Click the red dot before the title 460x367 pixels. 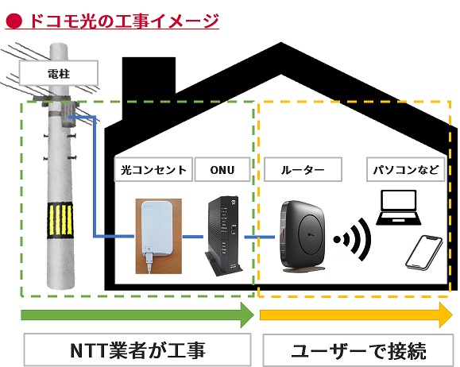click(x=14, y=21)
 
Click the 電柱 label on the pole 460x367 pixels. click(x=58, y=73)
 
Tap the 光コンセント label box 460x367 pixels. click(x=153, y=169)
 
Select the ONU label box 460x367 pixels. click(x=222, y=169)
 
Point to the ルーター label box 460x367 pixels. click(x=303, y=169)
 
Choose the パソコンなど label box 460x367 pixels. click(x=406, y=169)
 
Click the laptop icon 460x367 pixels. click(x=399, y=207)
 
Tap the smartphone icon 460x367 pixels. click(x=424, y=253)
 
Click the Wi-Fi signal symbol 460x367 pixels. click(x=352, y=240)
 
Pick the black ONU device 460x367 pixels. click(x=224, y=236)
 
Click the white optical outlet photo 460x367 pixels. click(x=158, y=236)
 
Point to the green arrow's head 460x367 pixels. click(x=247, y=315)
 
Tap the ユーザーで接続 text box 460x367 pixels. click(x=358, y=350)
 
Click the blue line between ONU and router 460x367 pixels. click(x=259, y=237)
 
